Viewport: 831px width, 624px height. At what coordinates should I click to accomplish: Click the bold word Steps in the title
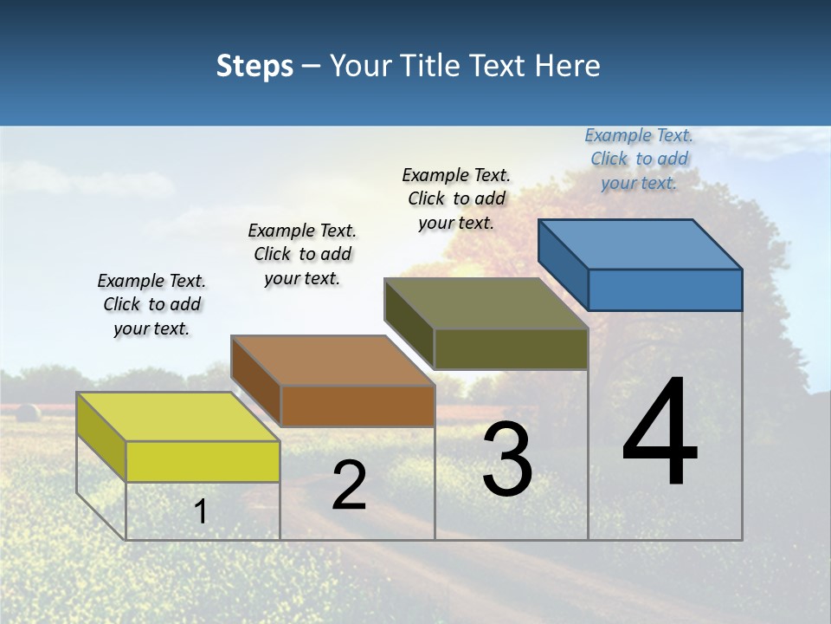pyautogui.click(x=254, y=66)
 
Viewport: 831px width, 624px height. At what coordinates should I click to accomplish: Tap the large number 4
pyautogui.click(x=660, y=432)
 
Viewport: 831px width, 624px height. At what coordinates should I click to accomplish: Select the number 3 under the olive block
pyautogui.click(x=507, y=460)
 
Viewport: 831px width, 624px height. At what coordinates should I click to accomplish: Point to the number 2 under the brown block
pyautogui.click(x=349, y=486)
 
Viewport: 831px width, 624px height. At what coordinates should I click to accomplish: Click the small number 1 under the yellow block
pyautogui.click(x=200, y=511)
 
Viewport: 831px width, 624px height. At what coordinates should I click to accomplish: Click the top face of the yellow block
pyautogui.click(x=177, y=416)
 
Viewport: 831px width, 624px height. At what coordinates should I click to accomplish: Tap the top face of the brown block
pyautogui.click(x=332, y=360)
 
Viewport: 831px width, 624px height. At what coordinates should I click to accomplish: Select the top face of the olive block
pyautogui.click(x=486, y=303)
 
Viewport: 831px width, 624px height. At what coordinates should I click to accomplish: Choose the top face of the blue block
pyautogui.click(x=641, y=244)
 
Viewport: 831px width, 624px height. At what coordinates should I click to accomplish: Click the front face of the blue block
pyautogui.click(x=665, y=289)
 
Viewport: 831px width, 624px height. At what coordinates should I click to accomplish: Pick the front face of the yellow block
pyautogui.click(x=203, y=461)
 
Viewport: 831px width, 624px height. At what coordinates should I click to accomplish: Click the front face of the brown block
pyautogui.click(x=358, y=406)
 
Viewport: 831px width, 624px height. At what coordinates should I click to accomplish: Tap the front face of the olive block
pyautogui.click(x=511, y=348)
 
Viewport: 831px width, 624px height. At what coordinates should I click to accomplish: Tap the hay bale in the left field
pyautogui.click(x=27, y=413)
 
